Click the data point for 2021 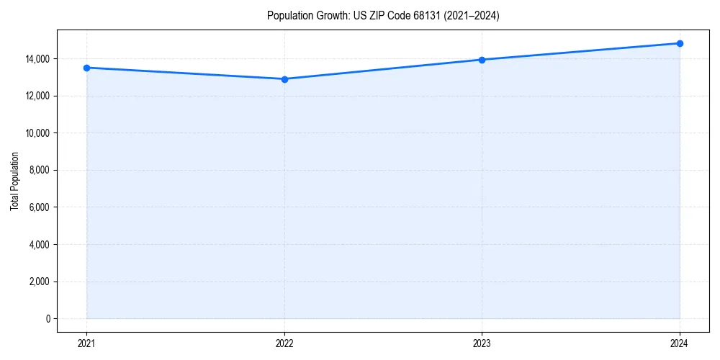(x=86, y=68)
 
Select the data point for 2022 (x=284, y=79)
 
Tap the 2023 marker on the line (x=482, y=60)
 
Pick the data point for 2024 (x=680, y=43)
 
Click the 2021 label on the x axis (x=86, y=343)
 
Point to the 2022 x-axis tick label (x=284, y=343)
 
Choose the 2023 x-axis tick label (x=482, y=343)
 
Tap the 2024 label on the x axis (x=680, y=343)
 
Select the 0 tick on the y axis (x=48, y=319)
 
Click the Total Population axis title (x=14, y=181)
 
